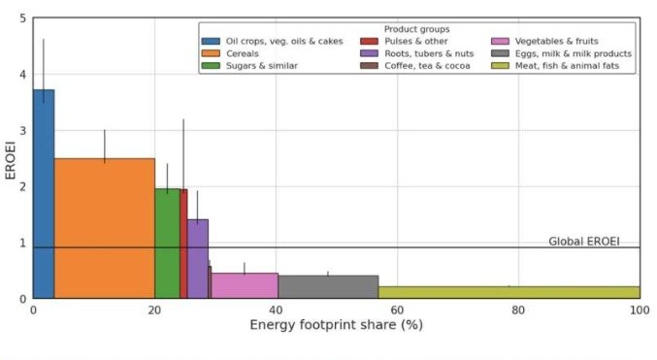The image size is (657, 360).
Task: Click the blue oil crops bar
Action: pyautogui.click(x=44, y=194)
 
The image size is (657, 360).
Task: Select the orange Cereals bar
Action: pyautogui.click(x=104, y=228)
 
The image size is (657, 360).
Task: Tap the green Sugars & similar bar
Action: pyautogui.click(x=167, y=243)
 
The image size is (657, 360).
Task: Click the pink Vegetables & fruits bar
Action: pyautogui.click(x=244, y=285)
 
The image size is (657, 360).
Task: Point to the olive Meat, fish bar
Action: pyautogui.click(x=509, y=292)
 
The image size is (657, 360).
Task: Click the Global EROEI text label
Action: pyautogui.click(x=583, y=241)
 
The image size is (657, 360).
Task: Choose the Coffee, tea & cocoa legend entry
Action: pyautogui.click(x=411, y=66)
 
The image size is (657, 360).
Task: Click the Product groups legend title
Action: pyautogui.click(x=416, y=29)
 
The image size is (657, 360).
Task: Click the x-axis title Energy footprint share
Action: pyautogui.click(x=336, y=324)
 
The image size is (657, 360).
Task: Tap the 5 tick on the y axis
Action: pyautogui.click(x=22, y=18)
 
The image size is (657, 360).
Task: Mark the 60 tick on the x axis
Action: pyautogui.click(x=397, y=310)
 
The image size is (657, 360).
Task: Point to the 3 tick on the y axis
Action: pyautogui.click(x=22, y=130)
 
